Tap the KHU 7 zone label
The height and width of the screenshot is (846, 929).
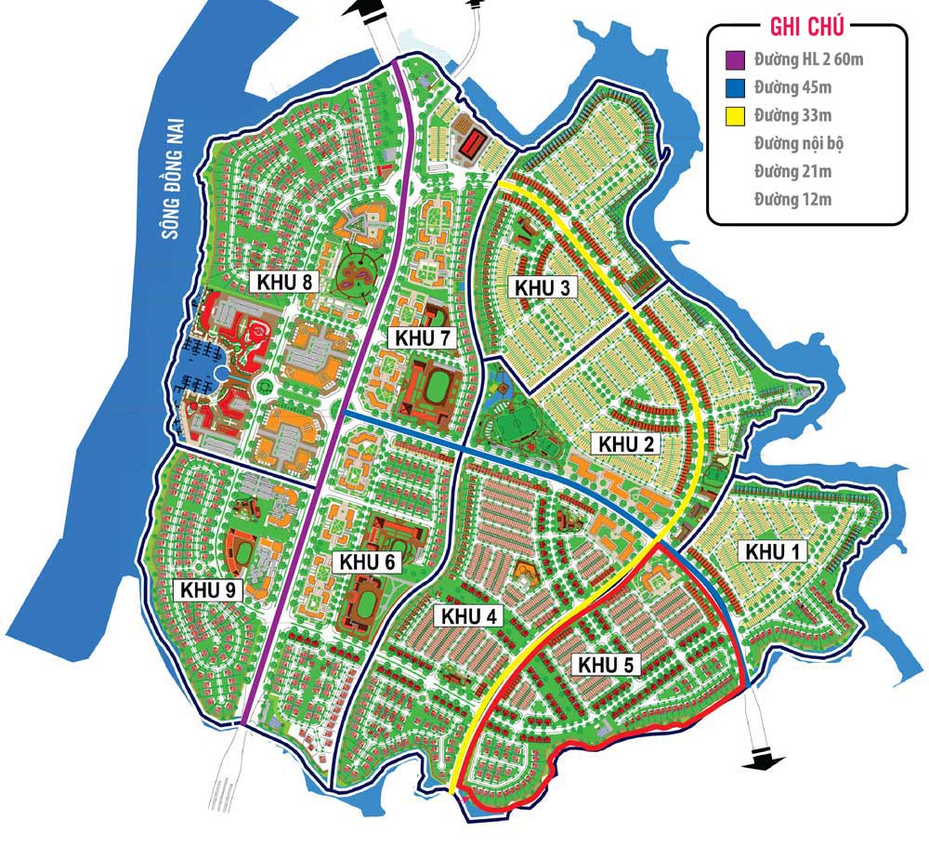pyautogui.click(x=423, y=337)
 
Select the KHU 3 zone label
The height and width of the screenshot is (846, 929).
pyautogui.click(x=543, y=286)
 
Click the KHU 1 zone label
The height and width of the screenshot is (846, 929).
pyautogui.click(x=773, y=551)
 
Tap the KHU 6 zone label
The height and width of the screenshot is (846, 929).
pyautogui.click(x=369, y=562)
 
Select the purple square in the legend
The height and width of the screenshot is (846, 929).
pyautogui.click(x=734, y=61)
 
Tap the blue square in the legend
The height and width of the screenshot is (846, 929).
pyautogui.click(x=734, y=89)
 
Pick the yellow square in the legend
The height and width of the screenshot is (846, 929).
pyautogui.click(x=734, y=116)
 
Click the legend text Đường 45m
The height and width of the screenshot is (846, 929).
pyautogui.click(x=792, y=88)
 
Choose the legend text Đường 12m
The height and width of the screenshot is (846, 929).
pyautogui.click(x=792, y=199)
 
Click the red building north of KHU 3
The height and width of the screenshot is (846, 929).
pyautogui.click(x=473, y=143)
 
